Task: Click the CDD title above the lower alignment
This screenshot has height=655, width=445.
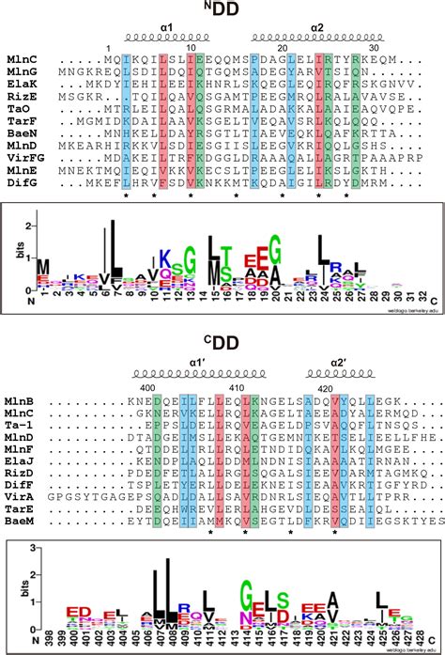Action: click(222, 340)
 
